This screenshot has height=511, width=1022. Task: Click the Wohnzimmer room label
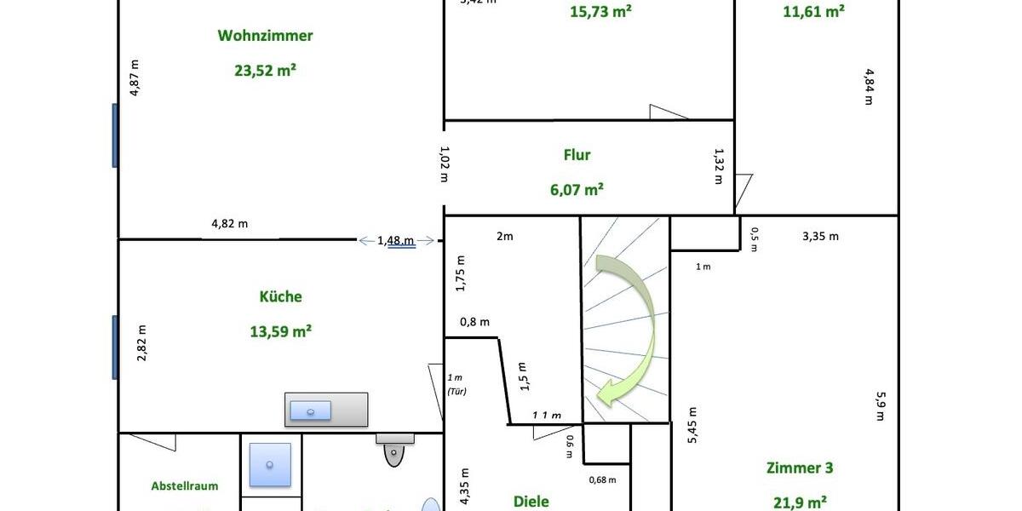(x=265, y=36)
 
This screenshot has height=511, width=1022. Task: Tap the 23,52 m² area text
(x=265, y=71)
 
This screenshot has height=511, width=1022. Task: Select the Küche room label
(x=280, y=296)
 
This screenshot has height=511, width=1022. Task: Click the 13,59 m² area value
(x=280, y=331)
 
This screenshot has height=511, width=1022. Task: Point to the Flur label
(x=577, y=155)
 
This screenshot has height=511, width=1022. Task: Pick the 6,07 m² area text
(x=577, y=189)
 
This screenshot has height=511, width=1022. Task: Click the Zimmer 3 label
(x=799, y=468)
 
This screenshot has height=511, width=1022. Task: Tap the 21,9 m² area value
(x=799, y=502)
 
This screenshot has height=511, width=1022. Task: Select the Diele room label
(x=531, y=502)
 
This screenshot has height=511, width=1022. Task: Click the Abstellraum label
(x=184, y=486)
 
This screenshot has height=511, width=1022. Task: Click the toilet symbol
(x=394, y=450)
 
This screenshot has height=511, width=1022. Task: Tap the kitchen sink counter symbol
(x=326, y=410)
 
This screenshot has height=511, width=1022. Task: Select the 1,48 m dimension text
(x=396, y=241)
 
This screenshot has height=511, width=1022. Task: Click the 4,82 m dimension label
(x=229, y=224)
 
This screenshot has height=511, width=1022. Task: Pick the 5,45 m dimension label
(x=692, y=425)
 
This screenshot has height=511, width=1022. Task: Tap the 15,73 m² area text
(x=600, y=12)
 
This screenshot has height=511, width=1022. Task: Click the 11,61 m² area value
(x=812, y=11)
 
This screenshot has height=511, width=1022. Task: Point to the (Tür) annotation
(x=456, y=392)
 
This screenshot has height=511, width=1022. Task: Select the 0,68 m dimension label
(x=602, y=479)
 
